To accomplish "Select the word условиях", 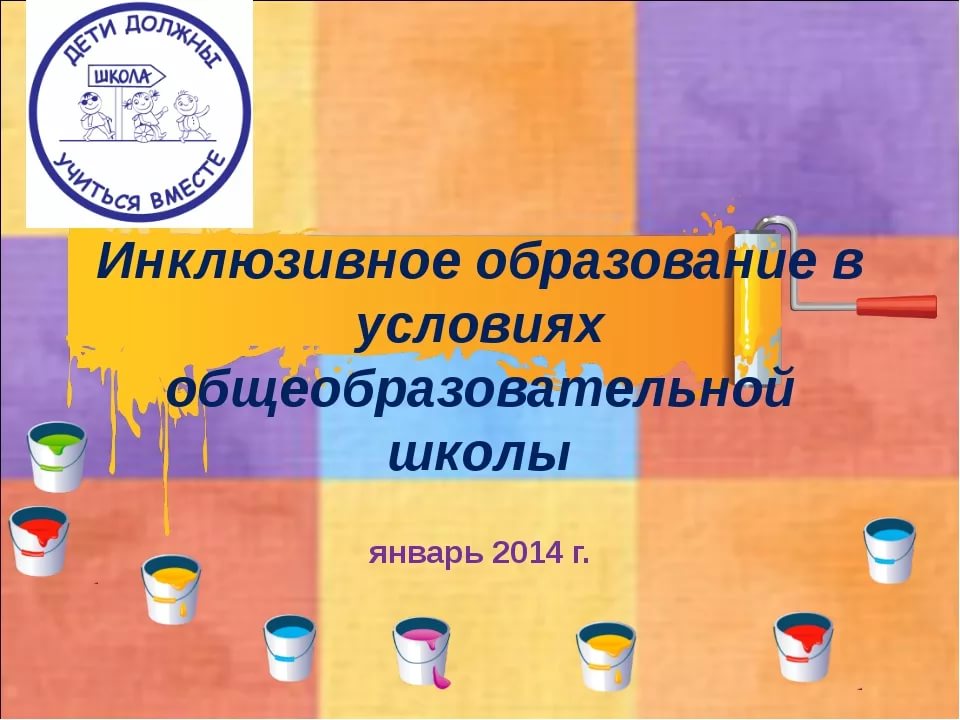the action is [x=478, y=327].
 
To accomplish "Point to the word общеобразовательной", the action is [x=481, y=391].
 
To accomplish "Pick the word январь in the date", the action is [x=427, y=553].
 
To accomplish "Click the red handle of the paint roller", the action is [x=896, y=305].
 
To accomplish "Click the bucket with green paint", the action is [x=57, y=456].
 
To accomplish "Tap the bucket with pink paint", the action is [x=422, y=651].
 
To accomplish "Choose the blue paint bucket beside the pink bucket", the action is [x=290, y=648].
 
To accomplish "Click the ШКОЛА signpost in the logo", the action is [x=127, y=77].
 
